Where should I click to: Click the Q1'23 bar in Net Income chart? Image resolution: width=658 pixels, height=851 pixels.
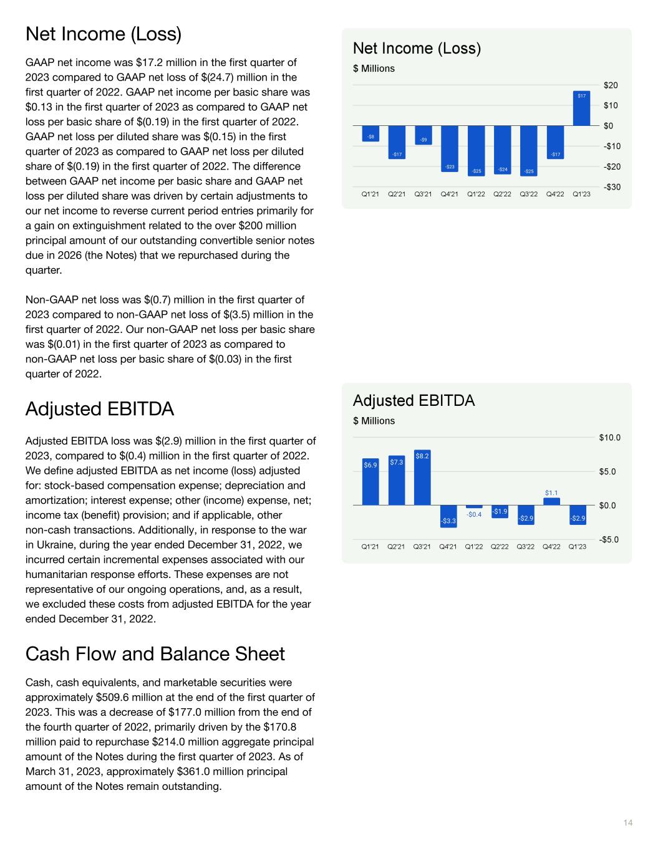coord(581,108)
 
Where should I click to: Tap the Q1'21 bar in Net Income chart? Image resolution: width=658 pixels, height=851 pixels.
coord(370,133)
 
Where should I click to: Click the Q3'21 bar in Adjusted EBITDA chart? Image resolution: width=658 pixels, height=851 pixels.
coord(422,478)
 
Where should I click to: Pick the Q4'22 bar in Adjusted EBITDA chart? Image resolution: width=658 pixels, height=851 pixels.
coord(551,501)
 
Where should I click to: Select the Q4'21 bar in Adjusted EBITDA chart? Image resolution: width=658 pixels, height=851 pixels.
coord(448,516)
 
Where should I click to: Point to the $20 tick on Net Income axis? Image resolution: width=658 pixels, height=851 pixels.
coord(611,85)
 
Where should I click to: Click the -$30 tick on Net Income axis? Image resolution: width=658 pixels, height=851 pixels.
coord(611,187)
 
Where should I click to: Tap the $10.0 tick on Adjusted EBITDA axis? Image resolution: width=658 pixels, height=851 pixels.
coord(609,438)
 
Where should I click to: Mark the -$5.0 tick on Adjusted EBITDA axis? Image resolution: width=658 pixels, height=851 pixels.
coord(609,540)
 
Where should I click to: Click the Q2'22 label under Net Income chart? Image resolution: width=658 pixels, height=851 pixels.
coord(502,195)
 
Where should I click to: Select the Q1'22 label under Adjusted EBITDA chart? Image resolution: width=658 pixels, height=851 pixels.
coord(474,547)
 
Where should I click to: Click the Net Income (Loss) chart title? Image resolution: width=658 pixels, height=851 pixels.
coord(417,49)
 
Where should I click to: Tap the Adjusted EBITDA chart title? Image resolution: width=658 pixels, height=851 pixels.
coord(414,401)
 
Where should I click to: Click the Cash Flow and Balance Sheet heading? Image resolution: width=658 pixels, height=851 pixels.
coord(155,654)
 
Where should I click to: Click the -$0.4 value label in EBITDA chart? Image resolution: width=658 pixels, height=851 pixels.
coord(474,514)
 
